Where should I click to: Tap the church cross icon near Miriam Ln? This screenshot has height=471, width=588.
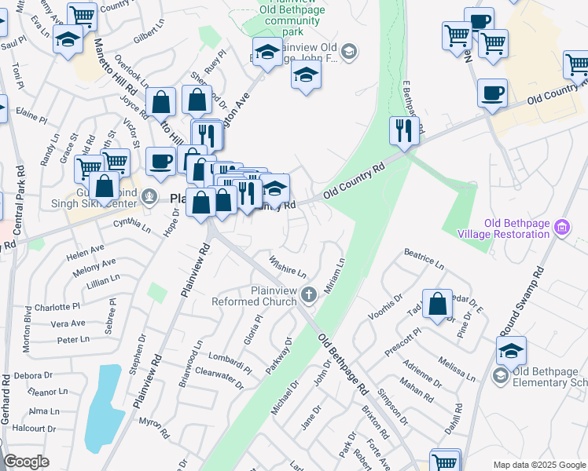[x=309, y=295]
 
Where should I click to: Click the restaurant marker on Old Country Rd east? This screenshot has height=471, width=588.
[x=404, y=131]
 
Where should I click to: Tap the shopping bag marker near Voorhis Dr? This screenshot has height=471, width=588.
[x=437, y=305]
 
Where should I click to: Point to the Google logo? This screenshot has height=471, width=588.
[x=25, y=462]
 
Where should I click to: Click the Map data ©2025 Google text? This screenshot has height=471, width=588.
[x=539, y=465]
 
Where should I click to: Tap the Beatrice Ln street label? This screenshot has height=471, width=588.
[x=424, y=260]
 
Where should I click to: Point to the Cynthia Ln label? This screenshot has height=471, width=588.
[x=132, y=225]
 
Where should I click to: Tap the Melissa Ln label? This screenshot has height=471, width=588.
[x=458, y=367]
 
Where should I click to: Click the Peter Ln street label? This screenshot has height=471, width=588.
[x=73, y=340]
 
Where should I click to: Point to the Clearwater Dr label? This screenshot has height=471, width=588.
[x=219, y=375]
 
